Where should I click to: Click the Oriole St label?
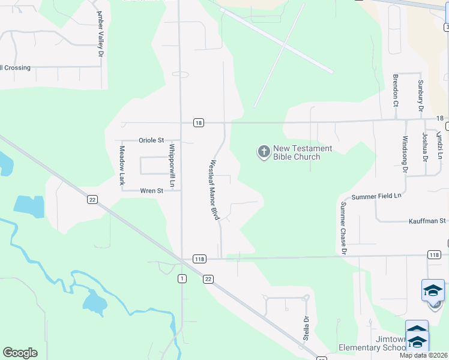click(151, 140)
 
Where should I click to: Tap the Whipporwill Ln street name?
click(172, 164)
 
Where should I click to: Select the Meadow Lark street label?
click(122, 165)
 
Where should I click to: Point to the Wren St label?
click(151, 191)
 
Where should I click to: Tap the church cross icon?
click(264, 152)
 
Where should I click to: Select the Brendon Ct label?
click(396, 91)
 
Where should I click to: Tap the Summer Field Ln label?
click(376, 196)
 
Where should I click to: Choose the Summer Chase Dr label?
click(344, 228)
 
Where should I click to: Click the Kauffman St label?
click(427, 221)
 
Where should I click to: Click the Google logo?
click(20, 353)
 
